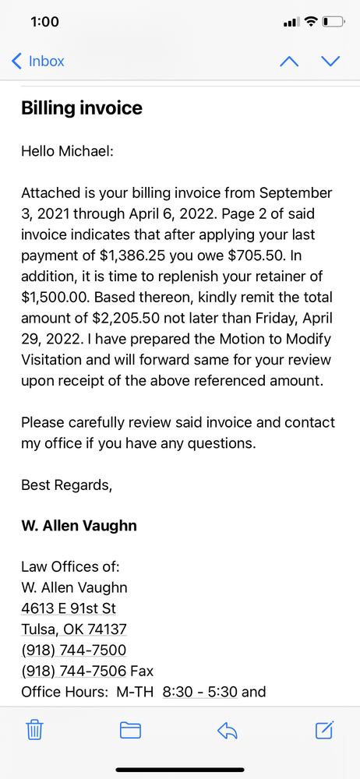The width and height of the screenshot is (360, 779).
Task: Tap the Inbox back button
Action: [x=38, y=61]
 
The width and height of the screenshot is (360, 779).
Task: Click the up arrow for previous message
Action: [x=289, y=62]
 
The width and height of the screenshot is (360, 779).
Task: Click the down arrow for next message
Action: [x=331, y=62]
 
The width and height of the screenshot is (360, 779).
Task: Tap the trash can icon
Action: [x=35, y=730]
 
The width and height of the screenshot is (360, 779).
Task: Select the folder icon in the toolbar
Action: [x=130, y=730]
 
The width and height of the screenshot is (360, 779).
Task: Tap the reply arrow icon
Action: [x=227, y=730]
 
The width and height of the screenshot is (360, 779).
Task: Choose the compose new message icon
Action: [x=324, y=730]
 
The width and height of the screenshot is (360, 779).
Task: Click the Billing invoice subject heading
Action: [x=82, y=108]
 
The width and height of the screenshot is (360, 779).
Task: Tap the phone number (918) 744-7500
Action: [x=73, y=649]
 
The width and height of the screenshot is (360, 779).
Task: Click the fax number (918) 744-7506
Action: [x=73, y=670]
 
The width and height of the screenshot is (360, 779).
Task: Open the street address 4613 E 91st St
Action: [x=69, y=608]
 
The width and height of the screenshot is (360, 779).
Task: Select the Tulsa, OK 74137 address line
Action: [x=74, y=629]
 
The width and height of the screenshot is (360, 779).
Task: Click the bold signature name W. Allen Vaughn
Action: [x=79, y=526]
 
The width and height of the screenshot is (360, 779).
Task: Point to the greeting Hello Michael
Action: [x=67, y=150]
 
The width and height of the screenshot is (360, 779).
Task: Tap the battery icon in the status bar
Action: [x=333, y=21]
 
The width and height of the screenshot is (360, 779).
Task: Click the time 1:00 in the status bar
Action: [x=44, y=21]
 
